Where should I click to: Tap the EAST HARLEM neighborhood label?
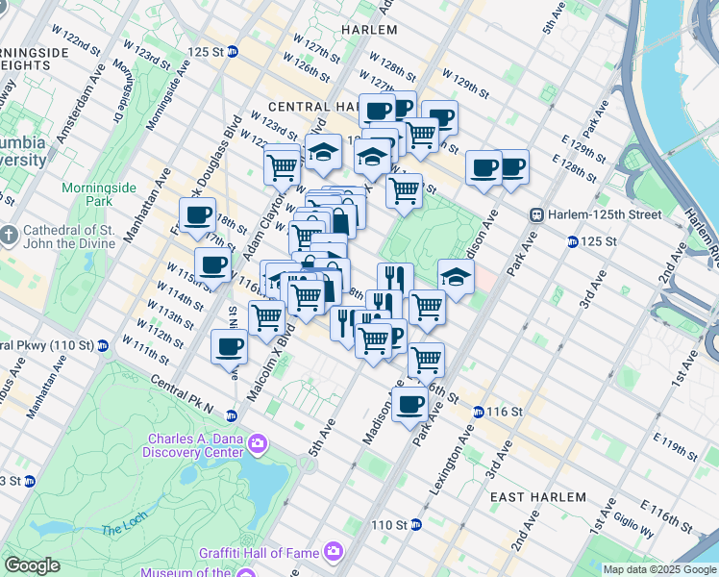click(x=537, y=496)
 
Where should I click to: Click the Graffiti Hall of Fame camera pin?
click(x=334, y=551)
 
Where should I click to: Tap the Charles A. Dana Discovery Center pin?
click(x=258, y=443)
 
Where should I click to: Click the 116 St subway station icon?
click(x=478, y=412)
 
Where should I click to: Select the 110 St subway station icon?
click(x=415, y=525)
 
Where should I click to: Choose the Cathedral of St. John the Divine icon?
click(x=10, y=235)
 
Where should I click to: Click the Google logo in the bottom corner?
click(x=33, y=565)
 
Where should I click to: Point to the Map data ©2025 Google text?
click(x=659, y=569)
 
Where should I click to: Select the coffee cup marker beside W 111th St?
click(x=228, y=347)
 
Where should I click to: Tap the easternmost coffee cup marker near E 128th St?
click(x=512, y=167)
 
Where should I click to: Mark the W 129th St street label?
click(x=465, y=82)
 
